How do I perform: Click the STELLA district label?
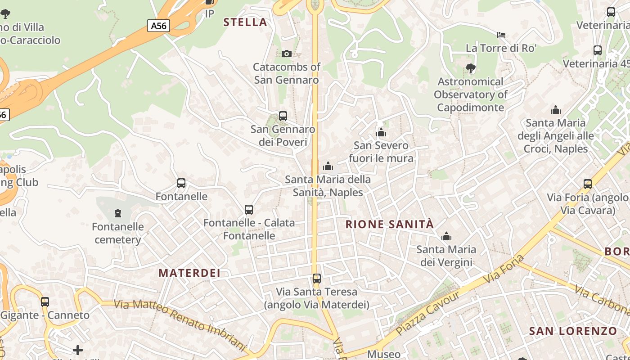pos(245,22)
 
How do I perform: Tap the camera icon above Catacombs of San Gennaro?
pos(287,54)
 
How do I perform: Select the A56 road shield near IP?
pos(158,26)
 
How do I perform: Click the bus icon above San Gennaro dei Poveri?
pos(283,116)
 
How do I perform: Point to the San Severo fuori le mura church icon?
pos(381,132)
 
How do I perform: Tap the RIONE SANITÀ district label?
pos(390,224)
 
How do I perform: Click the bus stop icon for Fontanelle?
pos(181,183)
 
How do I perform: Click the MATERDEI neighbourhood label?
pos(189,273)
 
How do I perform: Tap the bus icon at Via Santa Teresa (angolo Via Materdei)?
pos(317,279)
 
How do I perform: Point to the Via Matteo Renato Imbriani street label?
pos(180,325)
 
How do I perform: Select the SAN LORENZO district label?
pos(573,331)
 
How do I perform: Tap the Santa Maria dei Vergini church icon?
pos(446,236)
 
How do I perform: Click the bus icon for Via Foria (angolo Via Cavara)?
pos(588,184)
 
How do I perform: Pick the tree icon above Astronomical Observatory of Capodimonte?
pos(471,68)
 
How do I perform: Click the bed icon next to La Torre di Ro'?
pos(501,35)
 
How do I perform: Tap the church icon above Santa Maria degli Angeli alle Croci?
pos(556,110)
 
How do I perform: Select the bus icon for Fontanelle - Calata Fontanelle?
pos(249,210)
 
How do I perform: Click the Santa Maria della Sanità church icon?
pos(328,166)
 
